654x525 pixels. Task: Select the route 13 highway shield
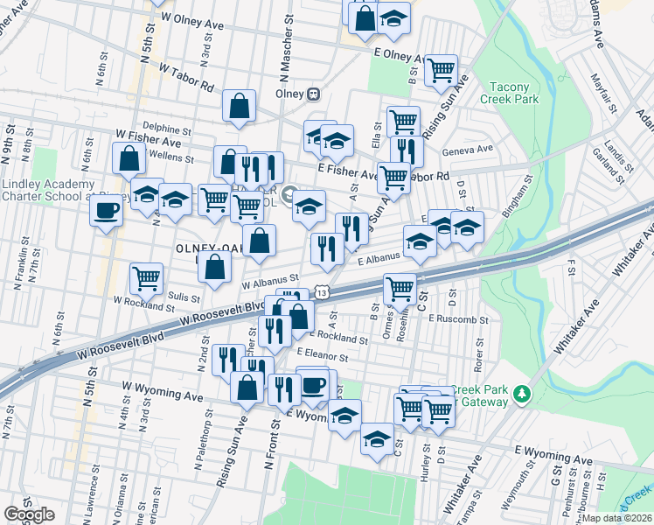(x=323, y=289)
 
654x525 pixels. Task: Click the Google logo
(x=29, y=514)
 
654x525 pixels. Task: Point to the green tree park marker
(x=523, y=393)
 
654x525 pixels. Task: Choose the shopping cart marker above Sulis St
(x=146, y=278)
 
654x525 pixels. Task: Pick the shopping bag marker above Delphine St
(x=239, y=106)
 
